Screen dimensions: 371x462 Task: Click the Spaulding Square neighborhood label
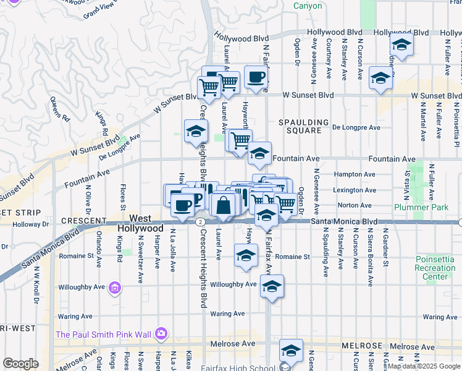click(x=300, y=126)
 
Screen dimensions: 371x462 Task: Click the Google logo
click(x=20, y=364)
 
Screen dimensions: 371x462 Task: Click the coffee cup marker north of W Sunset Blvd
click(x=256, y=77)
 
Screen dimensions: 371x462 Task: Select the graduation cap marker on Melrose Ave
click(x=290, y=351)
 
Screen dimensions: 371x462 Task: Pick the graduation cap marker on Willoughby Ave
click(x=271, y=286)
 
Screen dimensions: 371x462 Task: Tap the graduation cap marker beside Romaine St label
click(x=246, y=255)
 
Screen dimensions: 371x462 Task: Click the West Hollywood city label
click(x=141, y=223)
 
